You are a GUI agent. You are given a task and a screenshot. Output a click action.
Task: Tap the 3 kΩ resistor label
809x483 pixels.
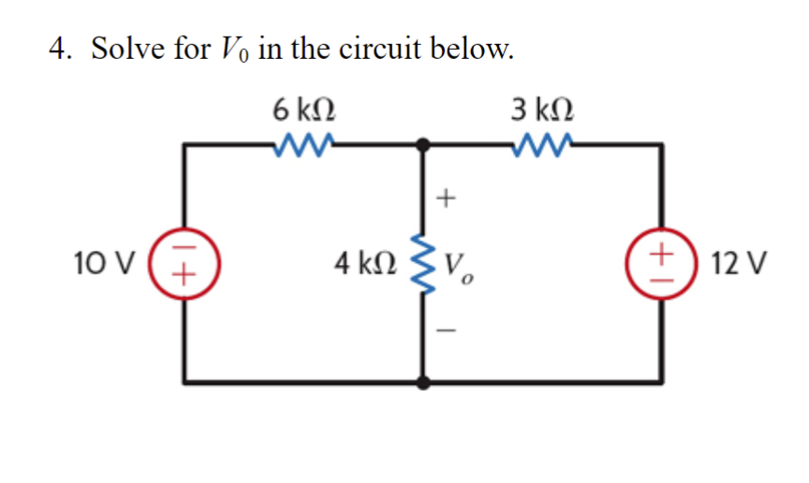(544, 111)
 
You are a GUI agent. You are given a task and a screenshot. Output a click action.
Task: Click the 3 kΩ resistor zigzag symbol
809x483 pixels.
(543, 144)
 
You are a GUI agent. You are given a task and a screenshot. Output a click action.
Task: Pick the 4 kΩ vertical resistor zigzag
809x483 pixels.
(424, 263)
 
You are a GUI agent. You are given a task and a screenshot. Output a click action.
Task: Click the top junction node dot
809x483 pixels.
(424, 144)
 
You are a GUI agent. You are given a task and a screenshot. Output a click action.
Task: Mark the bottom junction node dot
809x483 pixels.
(424, 382)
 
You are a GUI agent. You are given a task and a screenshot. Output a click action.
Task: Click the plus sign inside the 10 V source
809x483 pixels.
(185, 274)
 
